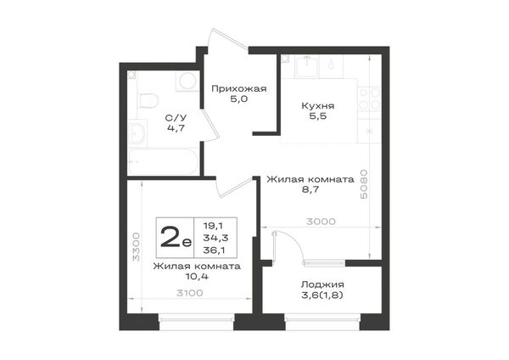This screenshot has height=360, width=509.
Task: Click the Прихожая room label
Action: (239, 88)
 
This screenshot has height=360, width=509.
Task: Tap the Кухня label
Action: (318, 106)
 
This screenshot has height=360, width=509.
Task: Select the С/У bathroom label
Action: (176, 117)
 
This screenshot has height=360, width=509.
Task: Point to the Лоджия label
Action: (322, 284)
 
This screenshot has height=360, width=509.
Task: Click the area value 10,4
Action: (197, 277)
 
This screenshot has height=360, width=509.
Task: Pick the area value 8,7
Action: (310, 189)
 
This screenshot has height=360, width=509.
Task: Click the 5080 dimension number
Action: (364, 184)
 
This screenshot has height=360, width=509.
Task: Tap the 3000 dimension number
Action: (321, 222)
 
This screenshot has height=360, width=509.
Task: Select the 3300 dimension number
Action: (137, 246)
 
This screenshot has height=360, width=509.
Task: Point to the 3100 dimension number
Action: (189, 293)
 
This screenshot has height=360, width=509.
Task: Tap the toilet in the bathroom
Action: (148, 100)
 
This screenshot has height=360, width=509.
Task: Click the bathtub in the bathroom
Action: (163, 161)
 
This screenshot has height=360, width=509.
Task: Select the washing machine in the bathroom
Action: (187, 82)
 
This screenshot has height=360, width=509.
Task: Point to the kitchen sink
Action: (307, 66)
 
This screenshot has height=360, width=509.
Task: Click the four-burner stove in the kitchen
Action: (369, 98)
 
